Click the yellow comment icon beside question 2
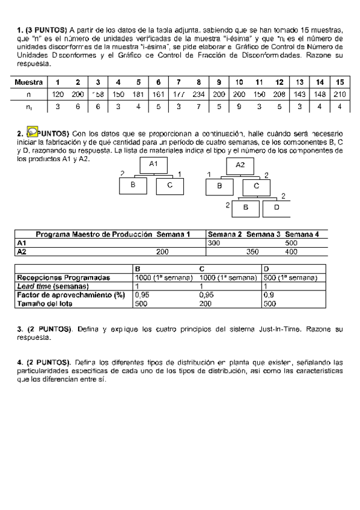coord(34,132)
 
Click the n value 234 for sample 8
coord(198,94)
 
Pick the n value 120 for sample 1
coord(58,94)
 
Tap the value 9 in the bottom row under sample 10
coord(239,107)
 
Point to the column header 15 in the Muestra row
coord(340,82)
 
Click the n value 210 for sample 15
coord(340,94)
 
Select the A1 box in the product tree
coord(153,164)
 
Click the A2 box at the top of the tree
coord(240,164)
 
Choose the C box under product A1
coord(170,186)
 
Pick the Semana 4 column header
coord(302,235)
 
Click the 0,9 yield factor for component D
coord(269,295)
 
